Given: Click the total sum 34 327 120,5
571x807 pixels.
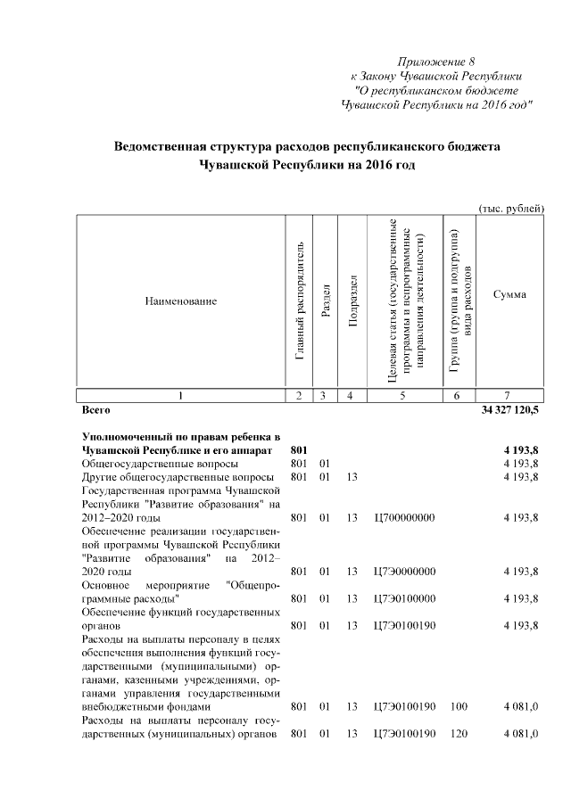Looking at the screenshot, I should tap(509, 411).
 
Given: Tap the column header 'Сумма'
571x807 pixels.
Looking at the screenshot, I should tap(509, 294).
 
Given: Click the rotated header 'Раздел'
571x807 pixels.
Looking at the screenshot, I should tap(327, 301).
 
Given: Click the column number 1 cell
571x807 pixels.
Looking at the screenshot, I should tap(181, 395).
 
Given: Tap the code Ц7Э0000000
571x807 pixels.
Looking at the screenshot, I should tap(404, 571).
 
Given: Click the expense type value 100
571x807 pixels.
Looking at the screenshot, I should tap(459, 706).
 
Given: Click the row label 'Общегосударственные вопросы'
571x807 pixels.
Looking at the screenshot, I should tap(160, 463).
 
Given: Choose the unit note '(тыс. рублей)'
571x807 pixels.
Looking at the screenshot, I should tap(511, 208).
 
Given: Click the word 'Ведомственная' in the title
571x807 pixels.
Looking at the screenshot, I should tap(164, 145).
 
